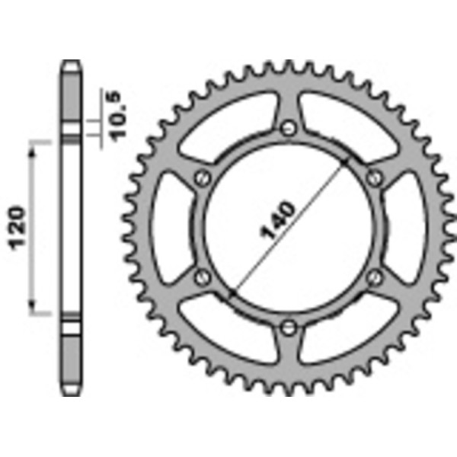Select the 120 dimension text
coord(21,226)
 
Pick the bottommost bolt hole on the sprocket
coord(289,328)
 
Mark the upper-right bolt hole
coord(374,177)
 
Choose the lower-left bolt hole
coord(202,276)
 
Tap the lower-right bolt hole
coord(374,276)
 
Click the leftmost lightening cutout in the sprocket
coord(169,227)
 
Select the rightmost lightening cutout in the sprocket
coord(407,227)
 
